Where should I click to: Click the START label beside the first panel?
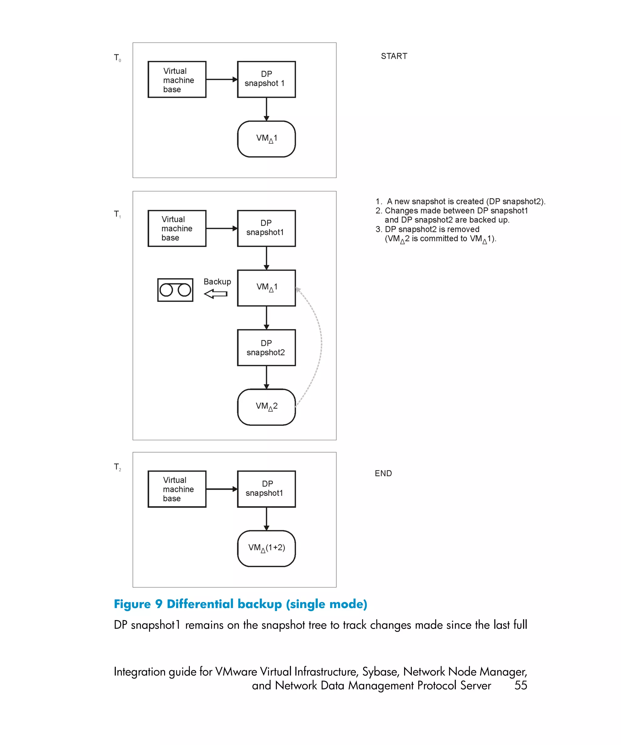coord(394,56)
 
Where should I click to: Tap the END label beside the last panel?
coord(383,473)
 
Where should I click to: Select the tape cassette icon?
coord(175,290)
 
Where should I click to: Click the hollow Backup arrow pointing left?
coord(216,294)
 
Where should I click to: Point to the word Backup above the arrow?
coord(217,282)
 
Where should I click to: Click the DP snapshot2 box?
coord(266,348)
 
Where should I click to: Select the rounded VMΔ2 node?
coord(266,407)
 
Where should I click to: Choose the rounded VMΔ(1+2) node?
coord(266,549)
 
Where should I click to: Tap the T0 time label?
coord(117,58)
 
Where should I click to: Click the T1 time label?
coord(117,214)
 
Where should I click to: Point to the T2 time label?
coord(117,467)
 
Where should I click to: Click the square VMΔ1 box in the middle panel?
coord(266,288)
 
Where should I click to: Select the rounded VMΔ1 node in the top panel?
coord(266,139)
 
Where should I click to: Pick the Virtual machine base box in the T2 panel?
coord(177,489)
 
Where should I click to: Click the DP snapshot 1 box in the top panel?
coord(266,79)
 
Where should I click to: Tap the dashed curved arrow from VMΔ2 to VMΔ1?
coord(321,344)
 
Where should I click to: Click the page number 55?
coord(521,685)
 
